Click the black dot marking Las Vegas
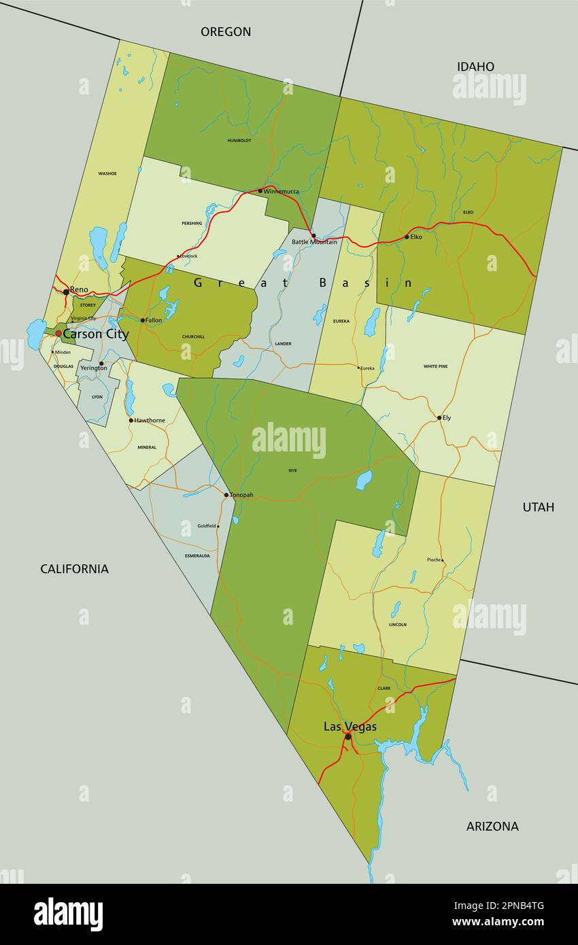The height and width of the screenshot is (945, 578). tap(347, 736)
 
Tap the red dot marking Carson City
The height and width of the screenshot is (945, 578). tap(58, 334)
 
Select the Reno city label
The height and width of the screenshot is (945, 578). tap(79, 290)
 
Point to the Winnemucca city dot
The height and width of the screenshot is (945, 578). tap(260, 191)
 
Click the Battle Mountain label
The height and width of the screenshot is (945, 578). tap(314, 242)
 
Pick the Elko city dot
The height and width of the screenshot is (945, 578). tap(407, 237)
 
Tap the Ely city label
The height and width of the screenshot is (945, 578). tap(447, 417)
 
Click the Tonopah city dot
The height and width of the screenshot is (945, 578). tap(226, 495)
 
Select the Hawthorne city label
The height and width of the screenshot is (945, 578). tap(150, 420)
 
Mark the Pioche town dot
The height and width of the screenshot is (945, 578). tap(443, 561)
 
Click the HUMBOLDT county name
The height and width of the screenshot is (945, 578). tap(239, 141)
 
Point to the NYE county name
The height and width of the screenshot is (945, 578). tap(292, 470)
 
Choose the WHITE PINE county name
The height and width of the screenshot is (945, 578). tap(435, 366)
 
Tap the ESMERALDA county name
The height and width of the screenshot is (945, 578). tap(197, 555)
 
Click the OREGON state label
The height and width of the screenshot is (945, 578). tap(226, 31)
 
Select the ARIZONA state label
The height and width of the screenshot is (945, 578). tap(492, 826)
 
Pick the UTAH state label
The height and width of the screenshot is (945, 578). tap(538, 506)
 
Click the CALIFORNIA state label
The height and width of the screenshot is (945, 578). tap(74, 569)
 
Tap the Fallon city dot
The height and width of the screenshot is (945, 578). tap(143, 320)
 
